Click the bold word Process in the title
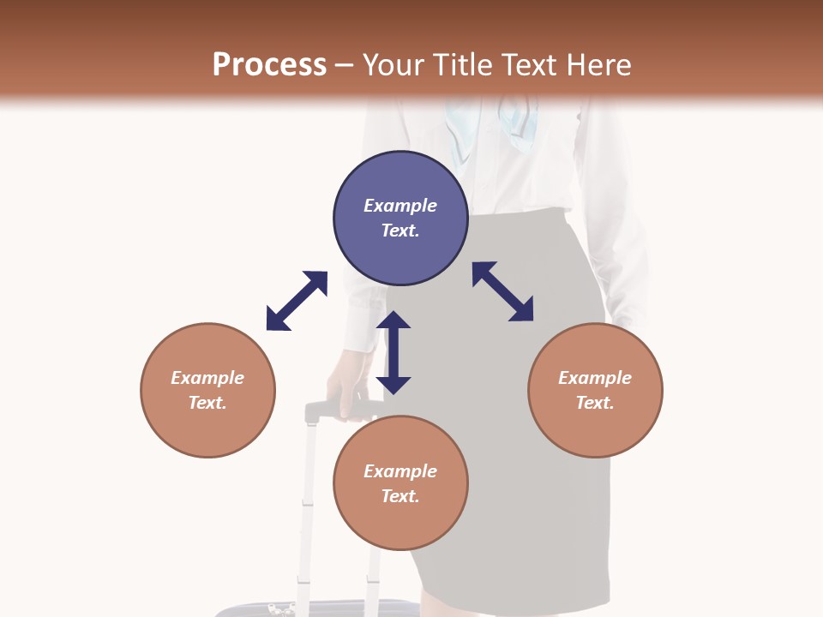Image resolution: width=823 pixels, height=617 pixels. pos(269,65)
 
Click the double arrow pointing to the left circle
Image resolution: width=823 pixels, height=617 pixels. pos(297,301)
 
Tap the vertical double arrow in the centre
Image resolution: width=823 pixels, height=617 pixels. pos(394,352)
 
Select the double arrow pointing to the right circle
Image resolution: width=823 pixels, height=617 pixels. pos(503,291)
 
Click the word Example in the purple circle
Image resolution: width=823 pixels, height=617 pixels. pos(400,206)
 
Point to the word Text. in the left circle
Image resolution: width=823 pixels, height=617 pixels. pos(207,403)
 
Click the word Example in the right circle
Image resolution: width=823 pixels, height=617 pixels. pos(595,378)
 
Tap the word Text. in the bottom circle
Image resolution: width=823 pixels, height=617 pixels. pos(400,496)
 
